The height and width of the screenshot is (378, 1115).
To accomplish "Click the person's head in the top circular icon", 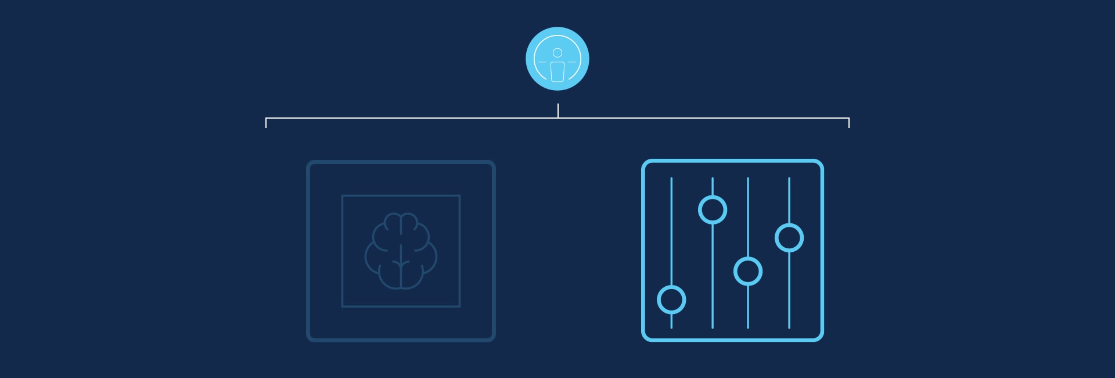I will pyautogui.click(x=557, y=53).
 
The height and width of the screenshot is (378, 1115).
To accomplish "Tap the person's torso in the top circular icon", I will pyautogui.click(x=557, y=72).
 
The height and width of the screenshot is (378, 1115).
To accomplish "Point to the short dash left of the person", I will pyautogui.click(x=542, y=62).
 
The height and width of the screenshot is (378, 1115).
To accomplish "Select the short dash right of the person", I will pyautogui.click(x=573, y=62).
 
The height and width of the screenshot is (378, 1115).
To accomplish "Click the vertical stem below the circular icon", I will pyautogui.click(x=558, y=110).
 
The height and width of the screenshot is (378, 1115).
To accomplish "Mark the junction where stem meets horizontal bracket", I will pyautogui.click(x=558, y=118).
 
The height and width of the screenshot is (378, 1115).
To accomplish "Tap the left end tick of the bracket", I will pyautogui.click(x=266, y=123).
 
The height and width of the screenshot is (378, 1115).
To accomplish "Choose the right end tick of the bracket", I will pyautogui.click(x=849, y=123).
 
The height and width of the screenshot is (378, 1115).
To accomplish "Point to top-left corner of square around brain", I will pyautogui.click(x=343, y=196).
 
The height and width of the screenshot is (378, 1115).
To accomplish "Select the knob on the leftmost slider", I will pyautogui.click(x=671, y=299).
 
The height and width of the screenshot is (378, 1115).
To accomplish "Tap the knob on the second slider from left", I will pyautogui.click(x=713, y=209).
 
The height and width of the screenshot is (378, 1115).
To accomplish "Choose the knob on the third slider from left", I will pyautogui.click(x=748, y=271).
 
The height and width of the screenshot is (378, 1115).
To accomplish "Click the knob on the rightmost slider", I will pyautogui.click(x=789, y=238).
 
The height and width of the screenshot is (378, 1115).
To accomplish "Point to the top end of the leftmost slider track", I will pyautogui.click(x=671, y=179).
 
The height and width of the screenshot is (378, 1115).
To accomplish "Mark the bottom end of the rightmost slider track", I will pyautogui.click(x=789, y=327).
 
